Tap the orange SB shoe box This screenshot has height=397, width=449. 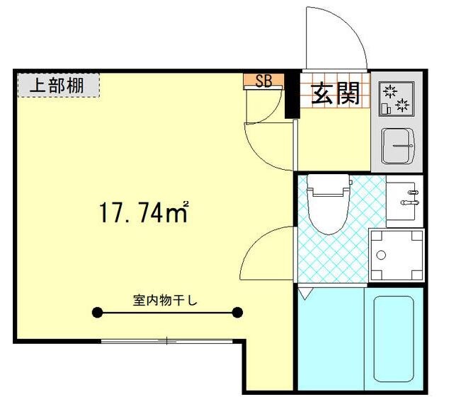point(263,81)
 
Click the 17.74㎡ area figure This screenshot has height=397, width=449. point(142,211)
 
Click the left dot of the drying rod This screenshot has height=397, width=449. point(95,312)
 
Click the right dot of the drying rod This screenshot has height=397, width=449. point(237,312)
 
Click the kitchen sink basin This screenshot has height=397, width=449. point(397,146)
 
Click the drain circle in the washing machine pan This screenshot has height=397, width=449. point(381,255)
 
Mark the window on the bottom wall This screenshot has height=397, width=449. point(166,341)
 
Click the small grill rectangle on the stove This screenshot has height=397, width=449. point(385,109)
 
